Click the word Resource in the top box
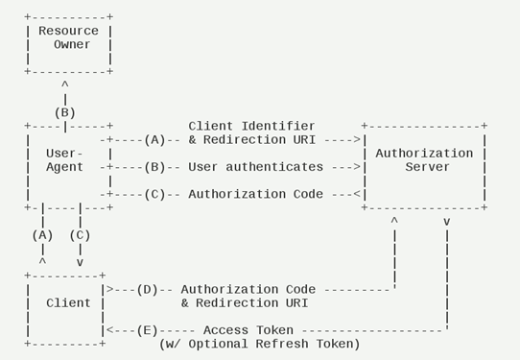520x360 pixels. coord(68,31)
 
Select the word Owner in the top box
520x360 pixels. coord(72,44)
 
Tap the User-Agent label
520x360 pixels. coord(64,160)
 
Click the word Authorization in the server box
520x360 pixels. coord(424,154)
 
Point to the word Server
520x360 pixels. coord(424,167)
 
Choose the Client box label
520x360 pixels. coord(68,302)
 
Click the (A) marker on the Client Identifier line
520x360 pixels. coord(154,139)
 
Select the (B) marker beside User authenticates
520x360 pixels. coord(154,167)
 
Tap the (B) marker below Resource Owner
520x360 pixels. coord(64,112)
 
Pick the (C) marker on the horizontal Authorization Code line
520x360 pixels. coord(154,194)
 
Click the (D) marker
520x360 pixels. coord(147,289)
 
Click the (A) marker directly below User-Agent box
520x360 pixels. coord(42,234)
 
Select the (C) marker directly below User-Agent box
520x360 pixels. coord(80,234)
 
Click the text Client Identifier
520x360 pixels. coord(251,126)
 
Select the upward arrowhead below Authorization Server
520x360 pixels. coord(393,222)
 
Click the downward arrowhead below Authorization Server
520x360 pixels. coord(447,222)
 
